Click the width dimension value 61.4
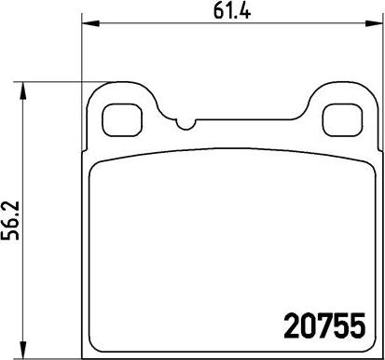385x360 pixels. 232,12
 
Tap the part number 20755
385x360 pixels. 324,325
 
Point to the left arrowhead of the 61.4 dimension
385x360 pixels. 90,23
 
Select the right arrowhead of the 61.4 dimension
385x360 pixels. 373,23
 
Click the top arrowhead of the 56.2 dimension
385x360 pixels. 22,91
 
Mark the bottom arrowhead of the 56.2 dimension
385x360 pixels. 22,349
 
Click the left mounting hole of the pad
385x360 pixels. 122,119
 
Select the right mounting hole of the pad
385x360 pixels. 343,119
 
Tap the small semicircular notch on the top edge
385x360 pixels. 186,125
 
